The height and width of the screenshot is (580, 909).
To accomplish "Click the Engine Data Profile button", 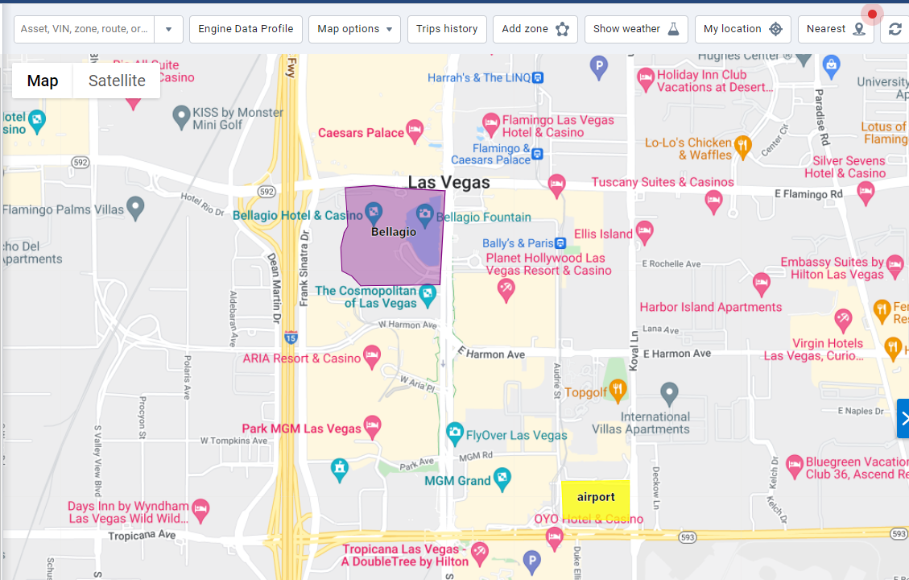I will (x=246, y=29).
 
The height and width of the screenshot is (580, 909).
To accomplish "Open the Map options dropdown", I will (x=354, y=29).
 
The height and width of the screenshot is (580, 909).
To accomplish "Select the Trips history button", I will (x=447, y=29).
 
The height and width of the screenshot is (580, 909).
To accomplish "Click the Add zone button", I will (x=535, y=29).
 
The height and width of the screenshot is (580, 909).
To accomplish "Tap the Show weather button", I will (x=636, y=29).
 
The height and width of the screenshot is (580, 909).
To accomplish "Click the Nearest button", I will (x=835, y=29).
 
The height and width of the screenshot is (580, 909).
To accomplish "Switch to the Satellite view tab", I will (x=117, y=81).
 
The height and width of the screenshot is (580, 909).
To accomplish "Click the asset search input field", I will (x=84, y=29).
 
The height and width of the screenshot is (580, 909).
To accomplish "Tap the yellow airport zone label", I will (x=596, y=497).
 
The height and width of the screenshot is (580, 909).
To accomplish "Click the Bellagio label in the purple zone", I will (x=394, y=232).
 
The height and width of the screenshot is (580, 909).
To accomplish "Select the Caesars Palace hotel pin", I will (x=415, y=129).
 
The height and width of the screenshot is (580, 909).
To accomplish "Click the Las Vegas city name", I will (x=448, y=183).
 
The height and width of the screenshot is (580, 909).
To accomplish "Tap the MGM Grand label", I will (x=457, y=481).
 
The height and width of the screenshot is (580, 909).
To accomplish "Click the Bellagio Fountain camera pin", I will (x=425, y=215).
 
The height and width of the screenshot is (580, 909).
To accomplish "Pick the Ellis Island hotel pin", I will (x=644, y=232).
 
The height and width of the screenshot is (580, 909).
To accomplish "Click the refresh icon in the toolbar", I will (x=895, y=29).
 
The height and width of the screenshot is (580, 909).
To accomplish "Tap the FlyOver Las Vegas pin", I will (x=455, y=433).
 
